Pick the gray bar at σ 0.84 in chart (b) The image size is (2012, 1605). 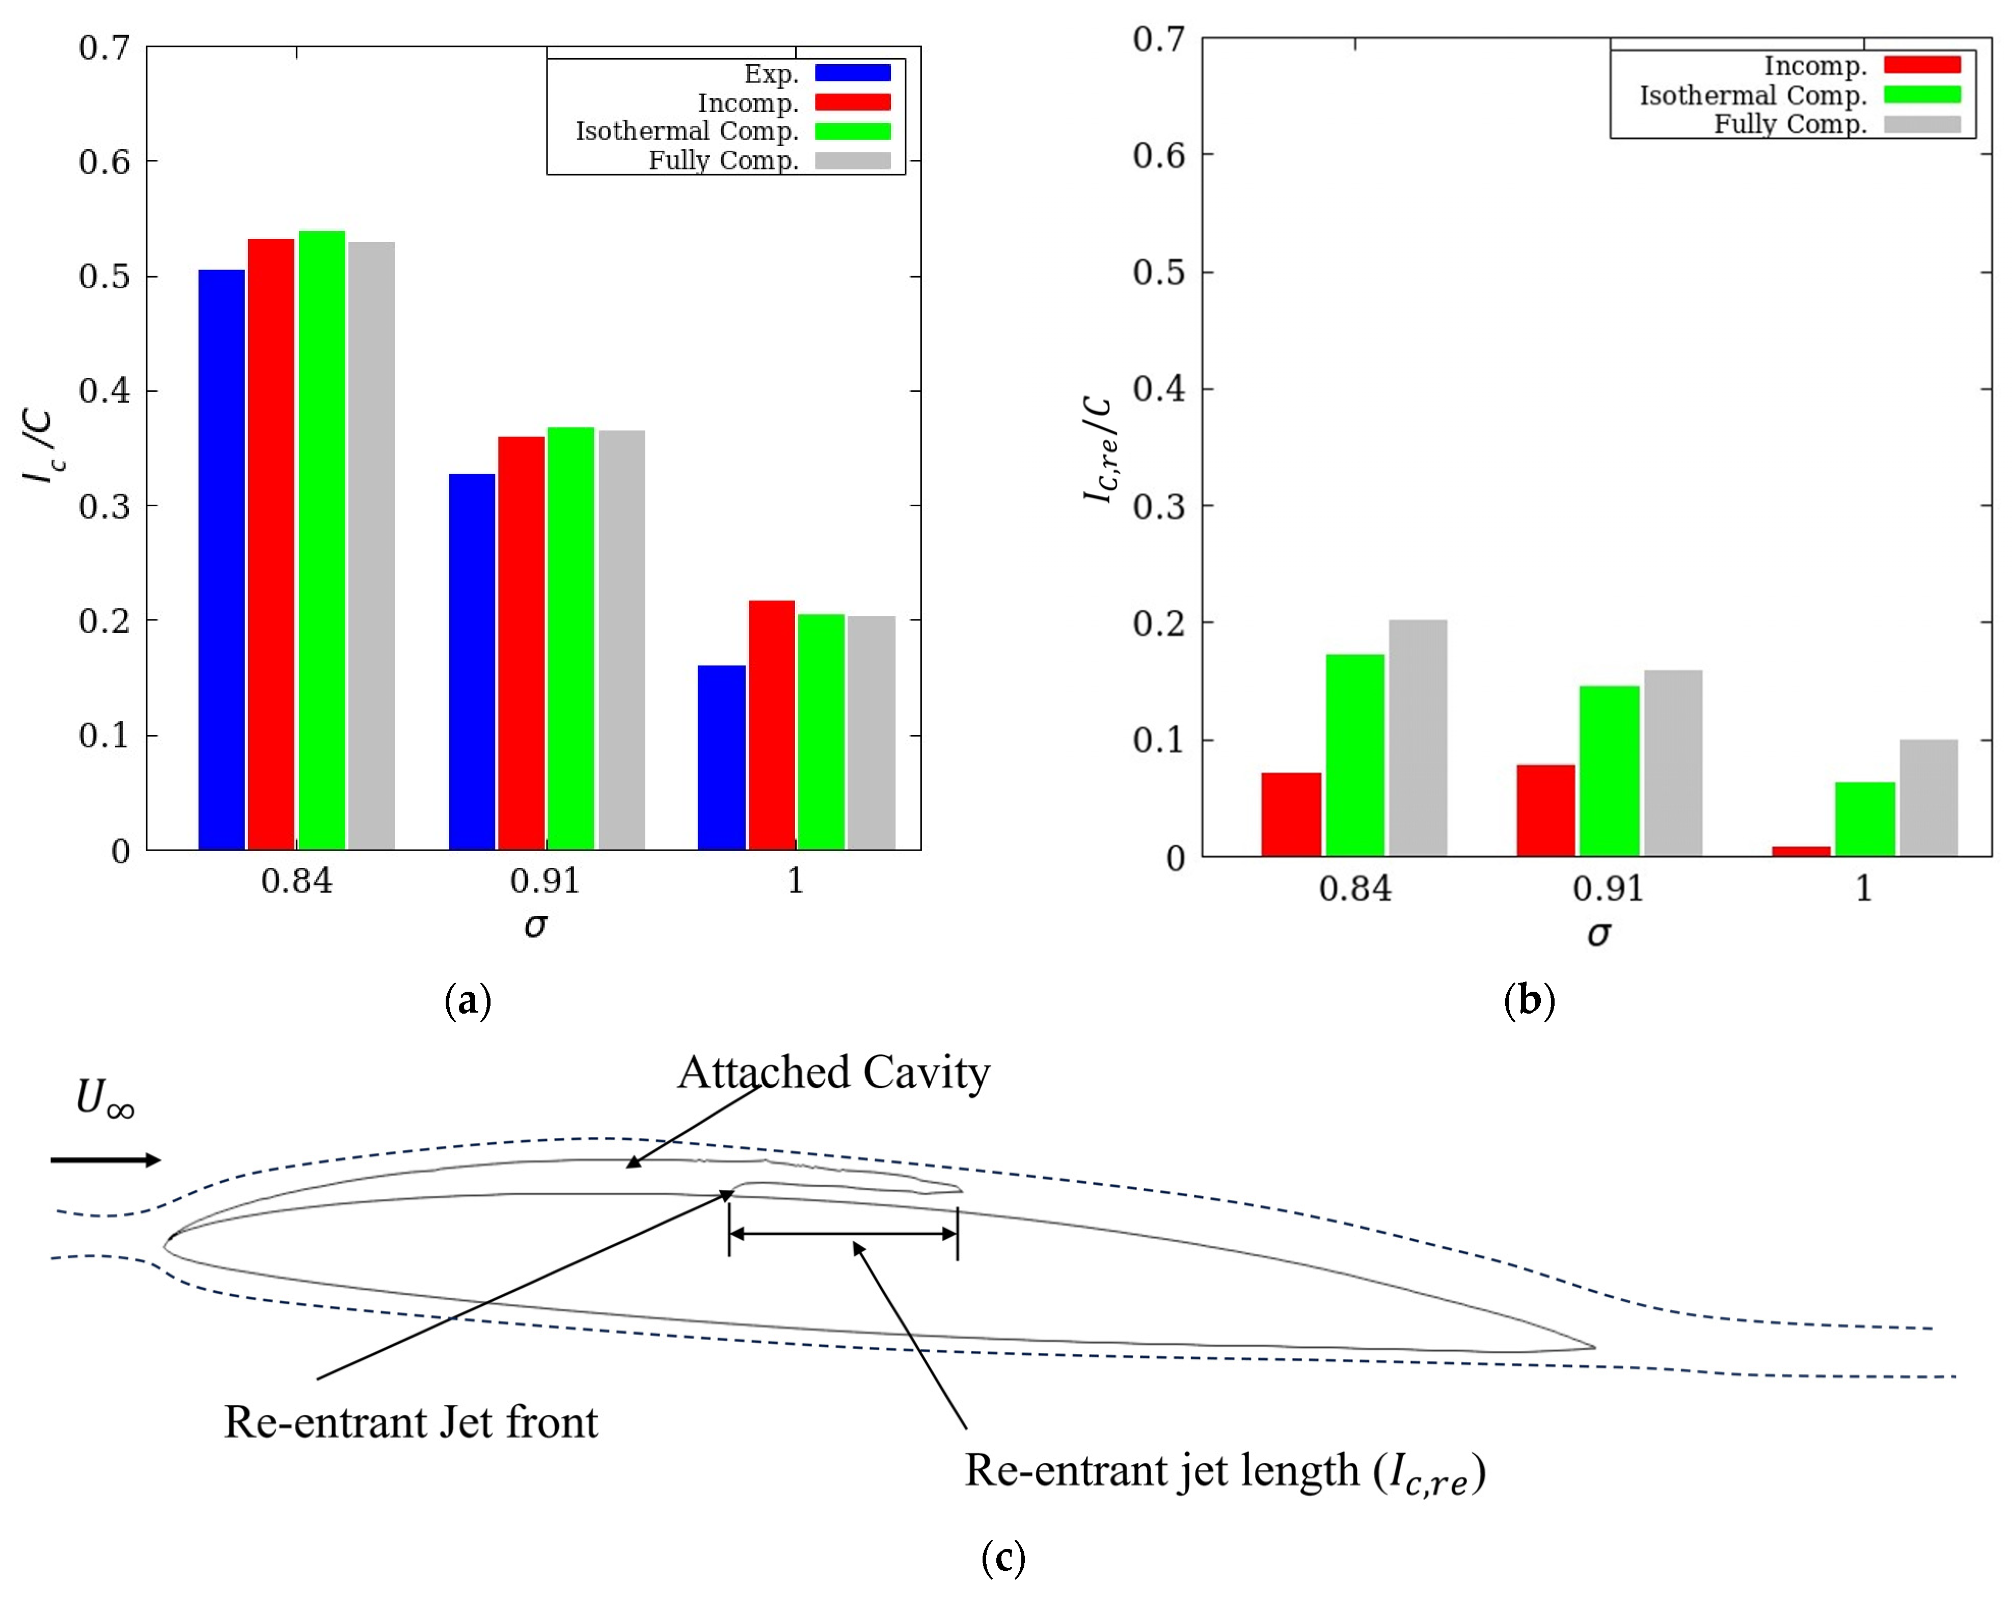click(x=1418, y=737)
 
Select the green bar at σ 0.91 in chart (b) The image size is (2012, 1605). click(x=1609, y=771)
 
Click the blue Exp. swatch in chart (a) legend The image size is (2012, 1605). click(x=852, y=73)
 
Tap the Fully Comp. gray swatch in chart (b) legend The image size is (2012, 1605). click(x=1921, y=124)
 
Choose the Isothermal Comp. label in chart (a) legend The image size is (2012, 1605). click(x=687, y=131)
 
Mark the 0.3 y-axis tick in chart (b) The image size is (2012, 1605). click(x=1159, y=507)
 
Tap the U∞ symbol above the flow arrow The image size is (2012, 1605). click(x=104, y=1098)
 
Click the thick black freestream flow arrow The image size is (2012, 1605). click(x=105, y=1160)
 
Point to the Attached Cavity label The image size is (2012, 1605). click(x=833, y=1072)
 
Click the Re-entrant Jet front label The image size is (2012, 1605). click(x=411, y=1422)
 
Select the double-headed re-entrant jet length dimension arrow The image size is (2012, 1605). click(x=842, y=1234)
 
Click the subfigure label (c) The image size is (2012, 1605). click(x=1003, y=1558)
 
